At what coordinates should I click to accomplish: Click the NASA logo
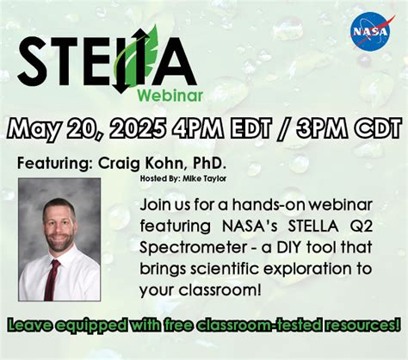370,31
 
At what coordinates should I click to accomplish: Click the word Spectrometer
187,246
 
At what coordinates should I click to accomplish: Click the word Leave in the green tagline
30,326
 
